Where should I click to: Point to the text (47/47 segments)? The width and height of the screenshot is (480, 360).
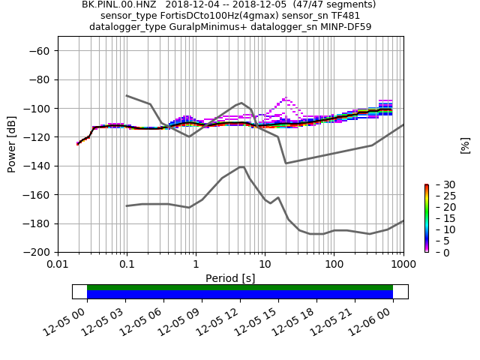point(334,4)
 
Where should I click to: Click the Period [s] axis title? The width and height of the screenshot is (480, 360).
point(230,278)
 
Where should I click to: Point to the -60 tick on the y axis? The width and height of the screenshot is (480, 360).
point(40,51)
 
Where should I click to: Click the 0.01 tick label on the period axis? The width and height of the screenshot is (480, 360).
point(58,265)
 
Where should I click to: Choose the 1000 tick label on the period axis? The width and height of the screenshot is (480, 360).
point(403,265)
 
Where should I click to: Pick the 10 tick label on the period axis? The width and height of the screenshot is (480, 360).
point(265,265)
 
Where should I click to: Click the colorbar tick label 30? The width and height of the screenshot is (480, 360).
point(440,184)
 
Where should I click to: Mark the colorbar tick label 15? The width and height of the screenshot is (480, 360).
point(440,218)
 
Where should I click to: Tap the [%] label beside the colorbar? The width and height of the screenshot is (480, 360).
point(465,145)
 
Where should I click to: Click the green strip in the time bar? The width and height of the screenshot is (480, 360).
point(240,287)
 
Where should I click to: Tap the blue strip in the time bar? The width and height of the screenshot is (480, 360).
point(240,295)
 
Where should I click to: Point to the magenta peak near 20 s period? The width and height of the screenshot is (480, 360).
point(285,99)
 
